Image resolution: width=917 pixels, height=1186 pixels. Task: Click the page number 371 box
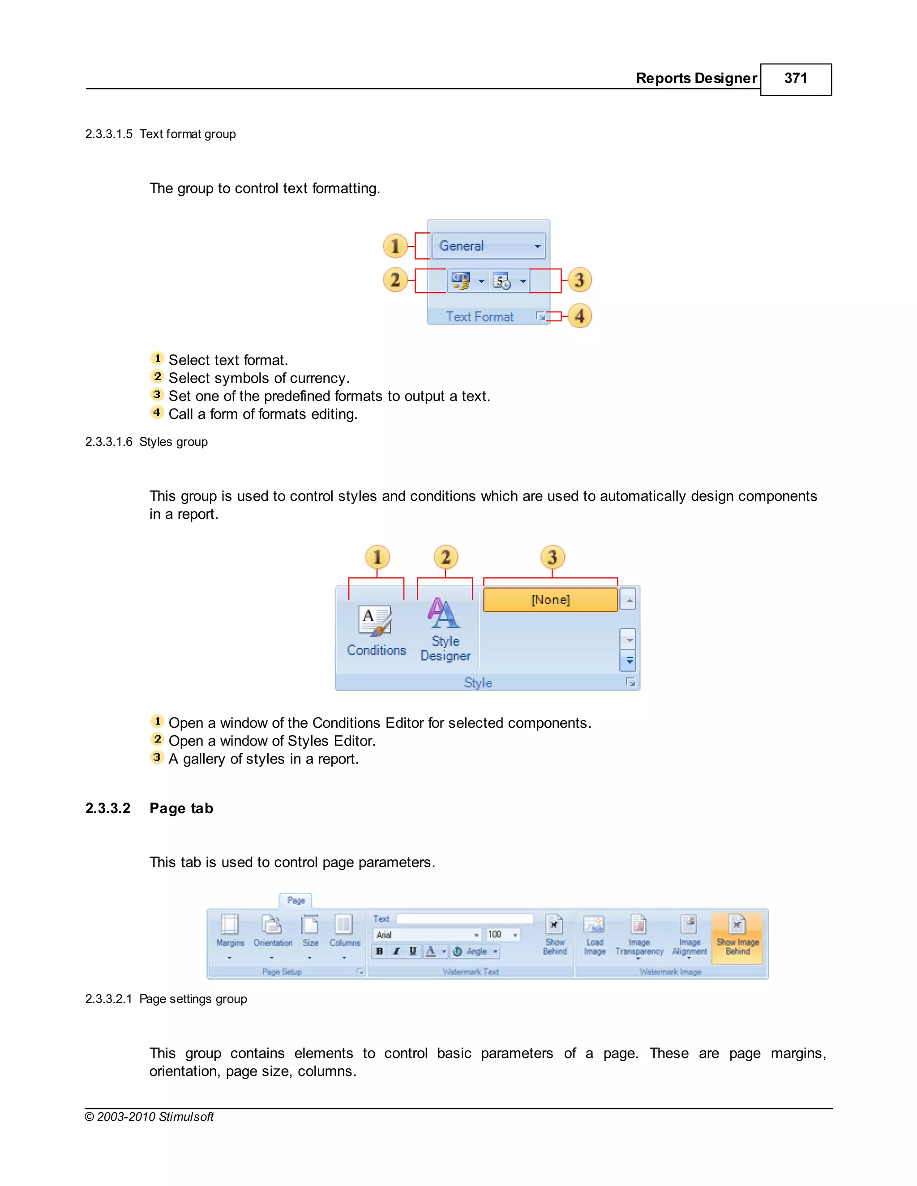click(x=795, y=79)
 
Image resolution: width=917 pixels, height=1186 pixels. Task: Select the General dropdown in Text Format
click(x=488, y=246)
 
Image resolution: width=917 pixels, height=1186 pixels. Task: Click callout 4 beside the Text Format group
click(x=580, y=316)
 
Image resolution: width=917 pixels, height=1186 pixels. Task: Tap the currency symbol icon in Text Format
click(x=461, y=281)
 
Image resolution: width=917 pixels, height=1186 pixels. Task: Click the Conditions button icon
click(x=375, y=621)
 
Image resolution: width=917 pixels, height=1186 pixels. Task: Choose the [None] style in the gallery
click(x=550, y=600)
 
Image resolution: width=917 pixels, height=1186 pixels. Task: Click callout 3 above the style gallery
click(x=553, y=557)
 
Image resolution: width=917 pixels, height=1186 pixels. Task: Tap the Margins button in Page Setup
click(x=230, y=931)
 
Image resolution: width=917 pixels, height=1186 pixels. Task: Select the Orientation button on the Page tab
click(x=272, y=931)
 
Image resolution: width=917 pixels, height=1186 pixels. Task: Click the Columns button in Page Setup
click(x=344, y=931)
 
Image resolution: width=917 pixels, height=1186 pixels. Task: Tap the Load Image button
click(x=594, y=934)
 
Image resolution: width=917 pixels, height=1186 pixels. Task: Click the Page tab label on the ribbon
click(x=296, y=900)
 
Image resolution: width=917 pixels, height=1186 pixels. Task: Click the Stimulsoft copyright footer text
click(x=150, y=1117)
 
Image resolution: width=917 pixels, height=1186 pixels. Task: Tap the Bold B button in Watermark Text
click(x=380, y=951)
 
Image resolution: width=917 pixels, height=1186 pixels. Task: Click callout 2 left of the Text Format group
click(x=395, y=280)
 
